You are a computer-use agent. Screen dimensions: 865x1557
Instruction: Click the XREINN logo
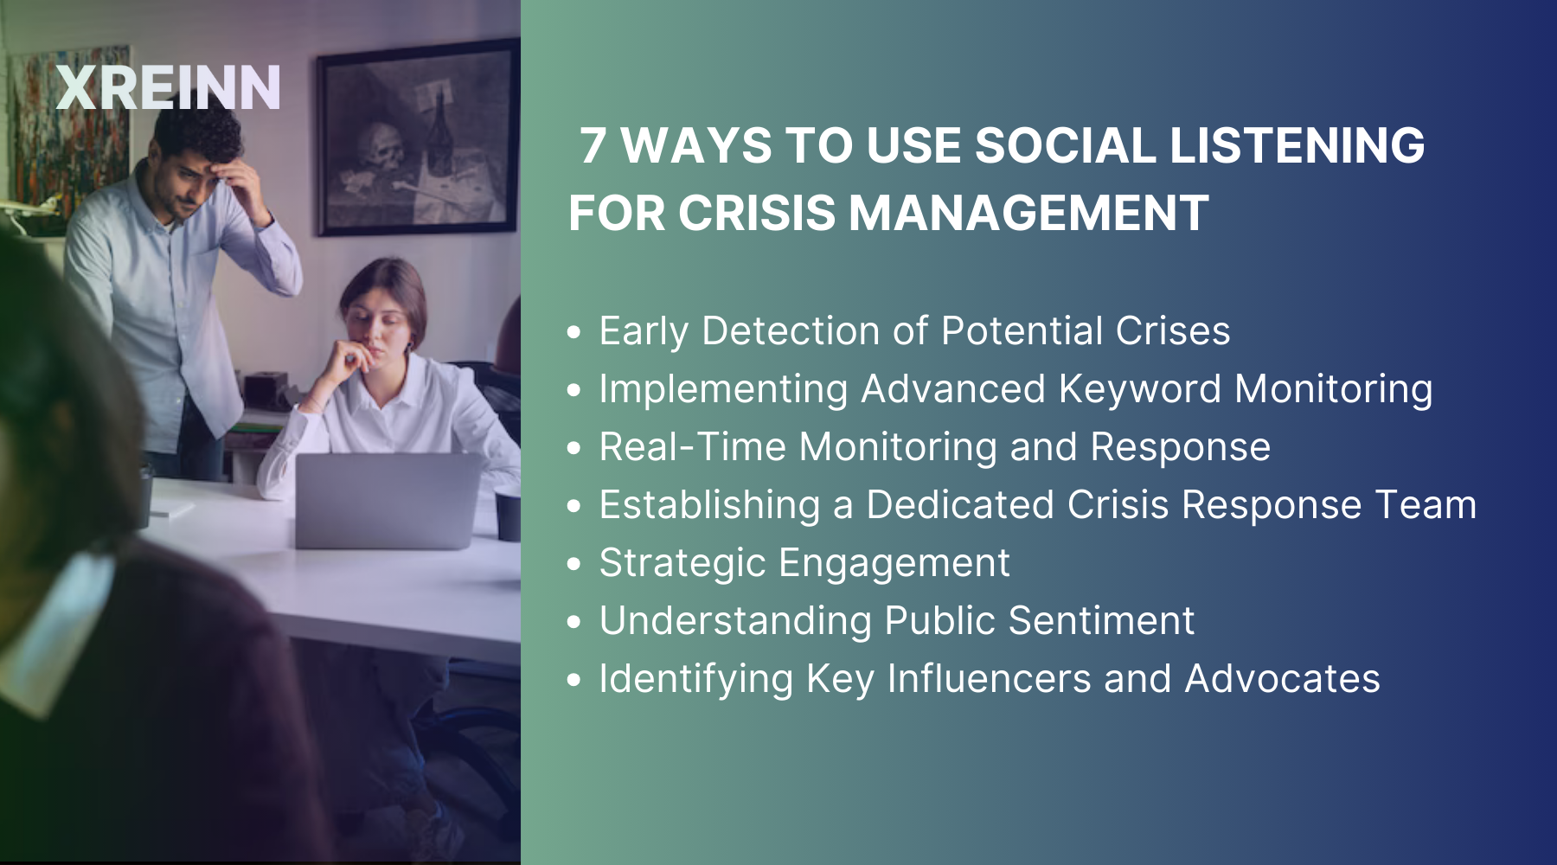tap(168, 87)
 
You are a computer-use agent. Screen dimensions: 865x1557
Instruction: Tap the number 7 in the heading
tap(593, 145)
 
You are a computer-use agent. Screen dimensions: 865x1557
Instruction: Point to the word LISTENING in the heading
tap(1297, 145)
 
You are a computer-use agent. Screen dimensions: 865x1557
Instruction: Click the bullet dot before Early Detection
tap(574, 332)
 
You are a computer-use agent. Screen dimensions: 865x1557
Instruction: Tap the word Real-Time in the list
tap(693, 447)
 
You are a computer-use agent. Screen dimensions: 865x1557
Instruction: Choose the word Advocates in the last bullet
tap(1282, 679)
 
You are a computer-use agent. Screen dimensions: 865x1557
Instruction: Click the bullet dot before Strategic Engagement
tap(574, 564)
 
